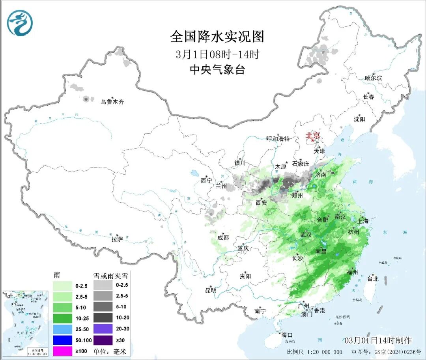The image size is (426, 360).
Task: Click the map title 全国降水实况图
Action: pyautogui.click(x=217, y=37)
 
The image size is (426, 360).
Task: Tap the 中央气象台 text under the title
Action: pyautogui.click(x=217, y=70)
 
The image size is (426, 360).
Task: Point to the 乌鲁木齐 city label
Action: pyautogui.click(x=112, y=102)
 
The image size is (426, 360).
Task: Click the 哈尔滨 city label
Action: pyautogui.click(x=373, y=78)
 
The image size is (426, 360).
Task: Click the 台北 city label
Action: pyautogui.click(x=372, y=278)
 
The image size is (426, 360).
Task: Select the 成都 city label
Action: pyautogui.click(x=223, y=237)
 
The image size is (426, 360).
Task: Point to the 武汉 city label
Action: pyautogui.click(x=306, y=235)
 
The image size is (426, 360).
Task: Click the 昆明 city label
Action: pyautogui.click(x=211, y=290)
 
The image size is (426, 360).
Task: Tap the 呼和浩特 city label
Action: pyautogui.click(x=278, y=139)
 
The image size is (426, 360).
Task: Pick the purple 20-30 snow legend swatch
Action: pyautogui.click(x=104, y=328)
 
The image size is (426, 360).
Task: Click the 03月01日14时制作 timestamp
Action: pyautogui.click(x=378, y=340)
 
